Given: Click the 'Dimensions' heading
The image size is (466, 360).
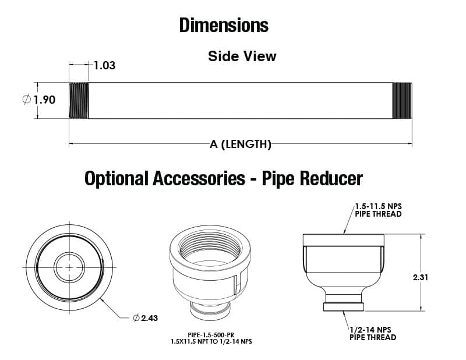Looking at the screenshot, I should (224, 26).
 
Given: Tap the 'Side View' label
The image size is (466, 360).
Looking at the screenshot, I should (242, 57).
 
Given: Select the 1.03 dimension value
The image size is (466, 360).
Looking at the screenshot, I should (105, 65).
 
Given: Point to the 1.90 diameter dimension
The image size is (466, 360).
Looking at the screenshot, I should (44, 100).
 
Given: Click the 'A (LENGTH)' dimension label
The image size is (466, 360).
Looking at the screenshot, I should (241, 144).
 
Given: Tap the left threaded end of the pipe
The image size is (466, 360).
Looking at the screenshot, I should (79, 100).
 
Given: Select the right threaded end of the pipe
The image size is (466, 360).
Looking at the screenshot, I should (402, 100).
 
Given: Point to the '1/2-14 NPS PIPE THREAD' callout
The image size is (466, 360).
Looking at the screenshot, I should (373, 334).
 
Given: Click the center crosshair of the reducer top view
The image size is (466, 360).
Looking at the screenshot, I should (69, 267).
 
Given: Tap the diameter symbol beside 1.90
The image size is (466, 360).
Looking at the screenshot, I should (27, 100).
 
